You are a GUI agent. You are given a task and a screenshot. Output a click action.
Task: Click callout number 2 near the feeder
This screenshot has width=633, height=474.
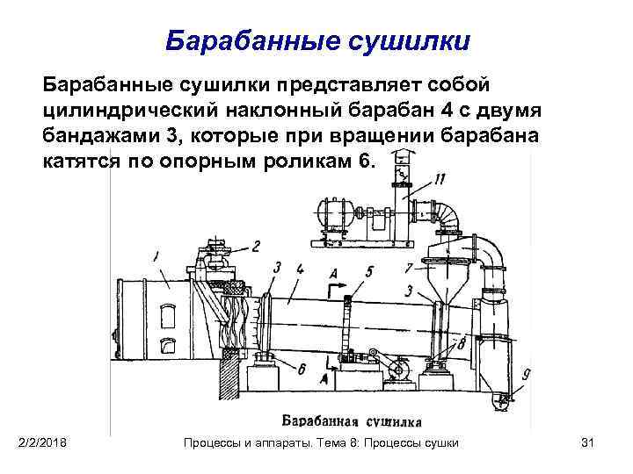[256, 247]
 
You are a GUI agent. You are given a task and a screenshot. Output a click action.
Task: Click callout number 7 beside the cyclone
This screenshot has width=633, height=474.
[408, 267]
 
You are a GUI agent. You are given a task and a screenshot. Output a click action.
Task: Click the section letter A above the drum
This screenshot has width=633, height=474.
[331, 272]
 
